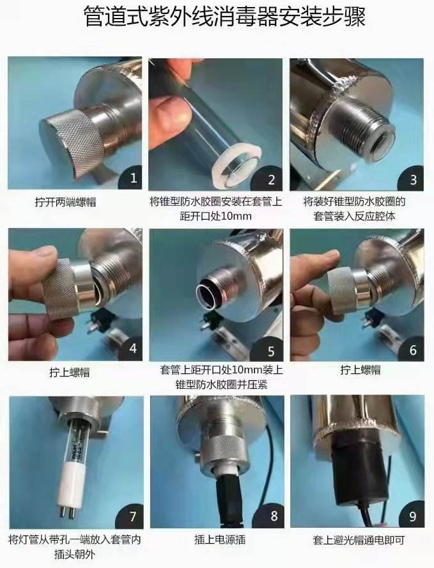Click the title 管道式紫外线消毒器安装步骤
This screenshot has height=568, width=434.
click(224, 17)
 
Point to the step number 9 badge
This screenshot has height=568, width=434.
click(412, 516)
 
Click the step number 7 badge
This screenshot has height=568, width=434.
click(132, 516)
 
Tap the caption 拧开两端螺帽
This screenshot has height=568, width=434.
click(65, 202)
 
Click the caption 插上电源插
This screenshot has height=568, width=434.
click(220, 539)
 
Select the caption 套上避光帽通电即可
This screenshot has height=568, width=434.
click(359, 540)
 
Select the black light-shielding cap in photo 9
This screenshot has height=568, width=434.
click(356, 470)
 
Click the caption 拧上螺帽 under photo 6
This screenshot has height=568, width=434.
click(360, 370)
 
